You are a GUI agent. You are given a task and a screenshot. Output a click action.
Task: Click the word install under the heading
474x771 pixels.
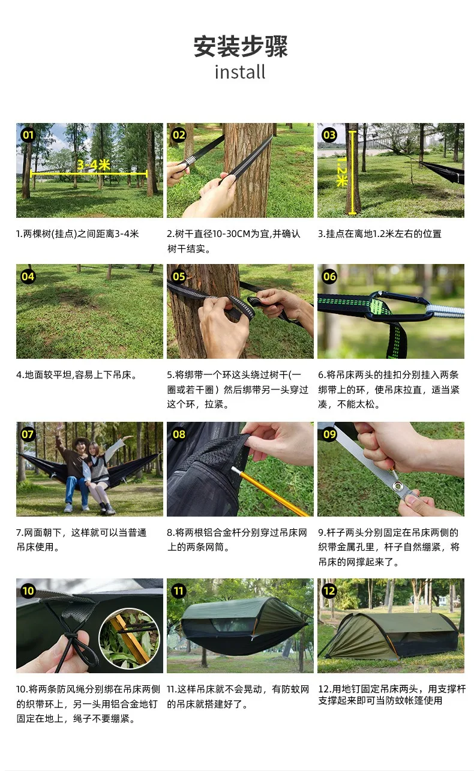pyautogui.click(x=240, y=72)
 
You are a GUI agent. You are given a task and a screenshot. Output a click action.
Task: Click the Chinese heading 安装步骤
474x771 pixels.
pyautogui.click(x=240, y=46)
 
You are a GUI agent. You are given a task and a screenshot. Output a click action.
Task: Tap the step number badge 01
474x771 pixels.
pyautogui.click(x=28, y=134)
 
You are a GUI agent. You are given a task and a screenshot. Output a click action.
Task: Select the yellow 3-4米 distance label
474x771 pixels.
pyautogui.click(x=93, y=165)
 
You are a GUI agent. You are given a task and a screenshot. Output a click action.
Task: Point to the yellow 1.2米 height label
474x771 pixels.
pyautogui.click(x=342, y=172)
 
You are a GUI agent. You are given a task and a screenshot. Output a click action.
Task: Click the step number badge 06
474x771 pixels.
pyautogui.click(x=329, y=276)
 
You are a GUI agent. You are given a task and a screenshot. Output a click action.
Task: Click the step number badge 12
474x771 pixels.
pyautogui.click(x=329, y=590)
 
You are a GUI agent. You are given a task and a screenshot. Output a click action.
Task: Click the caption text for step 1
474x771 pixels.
pyautogui.click(x=77, y=234)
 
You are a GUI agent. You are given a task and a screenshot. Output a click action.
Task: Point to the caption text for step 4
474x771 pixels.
pyautogui.click(x=77, y=374)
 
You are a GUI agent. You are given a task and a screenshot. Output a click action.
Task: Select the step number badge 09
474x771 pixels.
pyautogui.click(x=329, y=434)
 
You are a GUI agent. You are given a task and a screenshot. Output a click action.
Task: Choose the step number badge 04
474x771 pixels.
pyautogui.click(x=28, y=276)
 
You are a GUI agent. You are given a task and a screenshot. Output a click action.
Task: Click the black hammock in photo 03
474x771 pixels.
pyautogui.click(x=442, y=172)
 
